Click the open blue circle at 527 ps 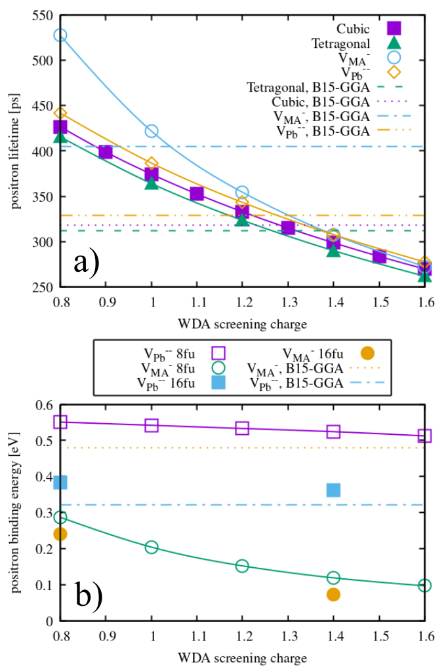60,35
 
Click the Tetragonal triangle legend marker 394,43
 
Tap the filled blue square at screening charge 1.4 333,490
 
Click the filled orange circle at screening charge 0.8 60,534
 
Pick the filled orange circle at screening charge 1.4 333,594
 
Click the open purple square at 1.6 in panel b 424,436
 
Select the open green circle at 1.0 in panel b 152,547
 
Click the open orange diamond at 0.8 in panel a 60,114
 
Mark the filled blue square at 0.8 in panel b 60,483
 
